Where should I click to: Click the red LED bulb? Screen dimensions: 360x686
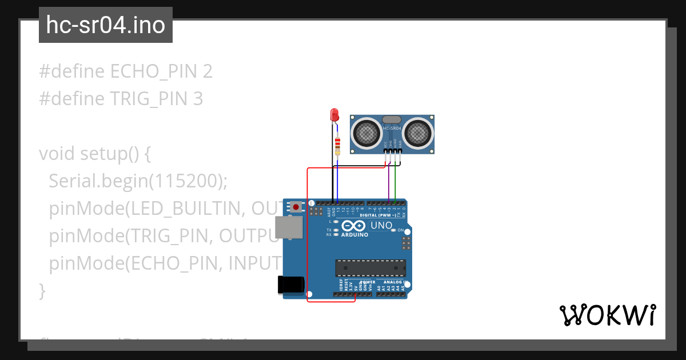point(334,115)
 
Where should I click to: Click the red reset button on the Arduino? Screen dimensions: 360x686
point(296,206)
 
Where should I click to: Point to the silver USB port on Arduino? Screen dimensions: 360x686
point(287,227)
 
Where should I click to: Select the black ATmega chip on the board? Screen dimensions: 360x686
point(370,267)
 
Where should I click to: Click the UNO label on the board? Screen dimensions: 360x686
point(381,225)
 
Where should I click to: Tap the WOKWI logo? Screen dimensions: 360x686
point(607,315)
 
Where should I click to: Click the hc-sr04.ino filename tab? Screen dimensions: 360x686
point(106,25)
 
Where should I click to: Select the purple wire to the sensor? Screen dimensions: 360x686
point(389,183)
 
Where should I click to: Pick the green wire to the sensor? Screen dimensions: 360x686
point(395,183)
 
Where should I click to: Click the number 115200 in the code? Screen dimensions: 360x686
point(186,181)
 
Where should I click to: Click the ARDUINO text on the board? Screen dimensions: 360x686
point(355,234)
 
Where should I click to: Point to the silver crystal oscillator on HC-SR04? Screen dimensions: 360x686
point(392,120)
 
